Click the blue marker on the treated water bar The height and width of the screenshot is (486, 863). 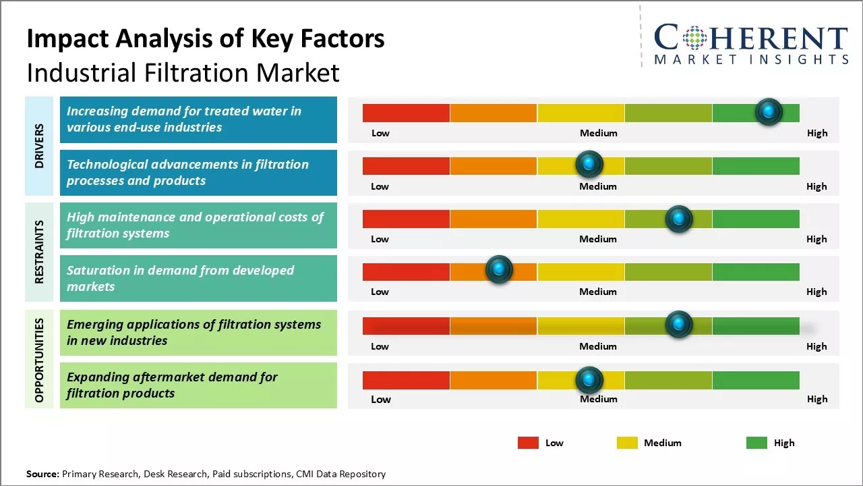tap(769, 111)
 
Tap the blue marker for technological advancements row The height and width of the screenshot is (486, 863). tap(589, 164)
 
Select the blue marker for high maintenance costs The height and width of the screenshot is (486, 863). tap(678, 219)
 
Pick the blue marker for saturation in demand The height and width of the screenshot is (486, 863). tap(499, 270)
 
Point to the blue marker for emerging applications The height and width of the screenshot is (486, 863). tap(678, 325)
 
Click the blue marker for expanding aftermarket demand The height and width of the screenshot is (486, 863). tap(589, 380)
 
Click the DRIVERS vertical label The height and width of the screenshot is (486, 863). tap(40, 146)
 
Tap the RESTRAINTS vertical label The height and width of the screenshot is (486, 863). tap(40, 252)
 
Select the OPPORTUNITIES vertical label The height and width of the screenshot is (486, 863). tap(40, 360)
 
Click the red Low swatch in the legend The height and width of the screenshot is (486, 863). tap(528, 443)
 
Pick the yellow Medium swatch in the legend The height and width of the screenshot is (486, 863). tap(627, 443)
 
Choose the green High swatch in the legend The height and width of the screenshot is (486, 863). tap(756, 443)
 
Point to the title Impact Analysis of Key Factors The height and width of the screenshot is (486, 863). tap(206, 39)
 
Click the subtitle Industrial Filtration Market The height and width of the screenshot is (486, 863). tap(183, 72)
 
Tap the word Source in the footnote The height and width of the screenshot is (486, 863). tap(42, 474)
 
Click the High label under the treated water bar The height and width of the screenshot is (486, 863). tap(816, 133)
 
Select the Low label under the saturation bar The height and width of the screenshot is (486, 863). tap(380, 292)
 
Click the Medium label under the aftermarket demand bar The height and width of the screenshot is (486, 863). tap(598, 399)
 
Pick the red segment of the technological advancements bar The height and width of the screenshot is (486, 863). tap(406, 166)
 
